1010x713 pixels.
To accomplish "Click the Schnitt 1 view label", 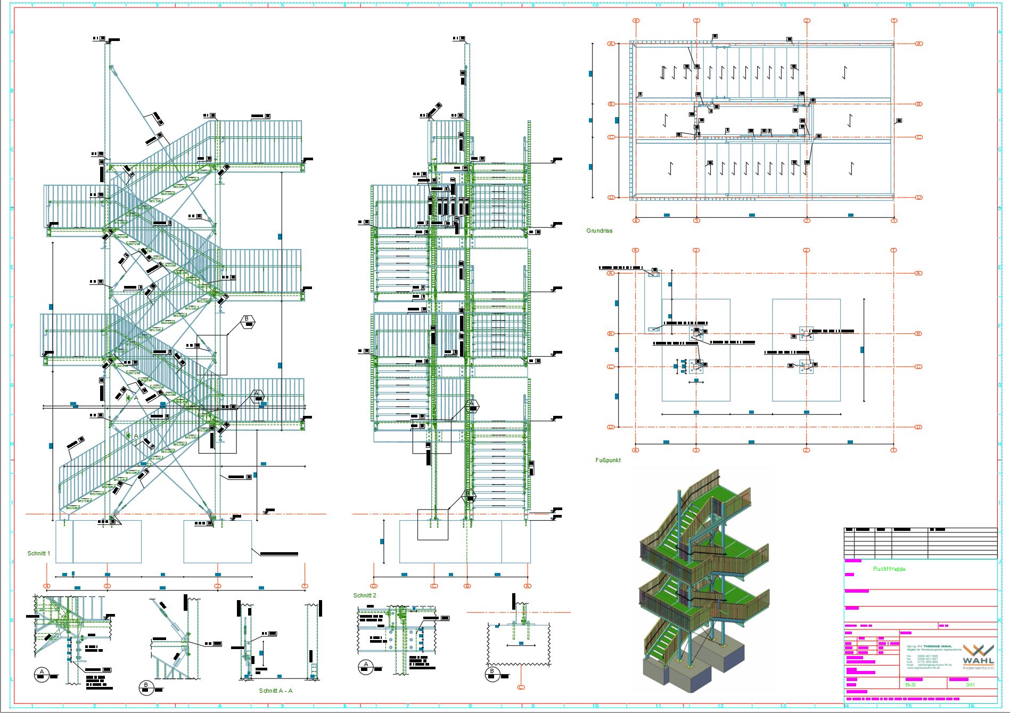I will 39,554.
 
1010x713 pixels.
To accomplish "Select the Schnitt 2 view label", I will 365,595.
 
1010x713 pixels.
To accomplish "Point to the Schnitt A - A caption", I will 276,691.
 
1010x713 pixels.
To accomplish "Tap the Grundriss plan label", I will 599,231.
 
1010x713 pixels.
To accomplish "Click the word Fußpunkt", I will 608,460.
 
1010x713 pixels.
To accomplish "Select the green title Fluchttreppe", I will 889,569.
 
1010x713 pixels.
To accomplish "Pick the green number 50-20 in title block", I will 910,685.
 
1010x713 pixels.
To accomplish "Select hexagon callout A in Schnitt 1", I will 257,394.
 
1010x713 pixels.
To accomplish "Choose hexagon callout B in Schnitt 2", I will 469,495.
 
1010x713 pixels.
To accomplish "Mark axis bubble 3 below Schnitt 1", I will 108,586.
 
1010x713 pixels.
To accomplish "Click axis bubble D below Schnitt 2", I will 374,586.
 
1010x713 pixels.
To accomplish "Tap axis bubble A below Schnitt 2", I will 528,586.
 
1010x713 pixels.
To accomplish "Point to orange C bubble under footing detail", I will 521,687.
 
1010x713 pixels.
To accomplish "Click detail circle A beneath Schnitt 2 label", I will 365,666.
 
